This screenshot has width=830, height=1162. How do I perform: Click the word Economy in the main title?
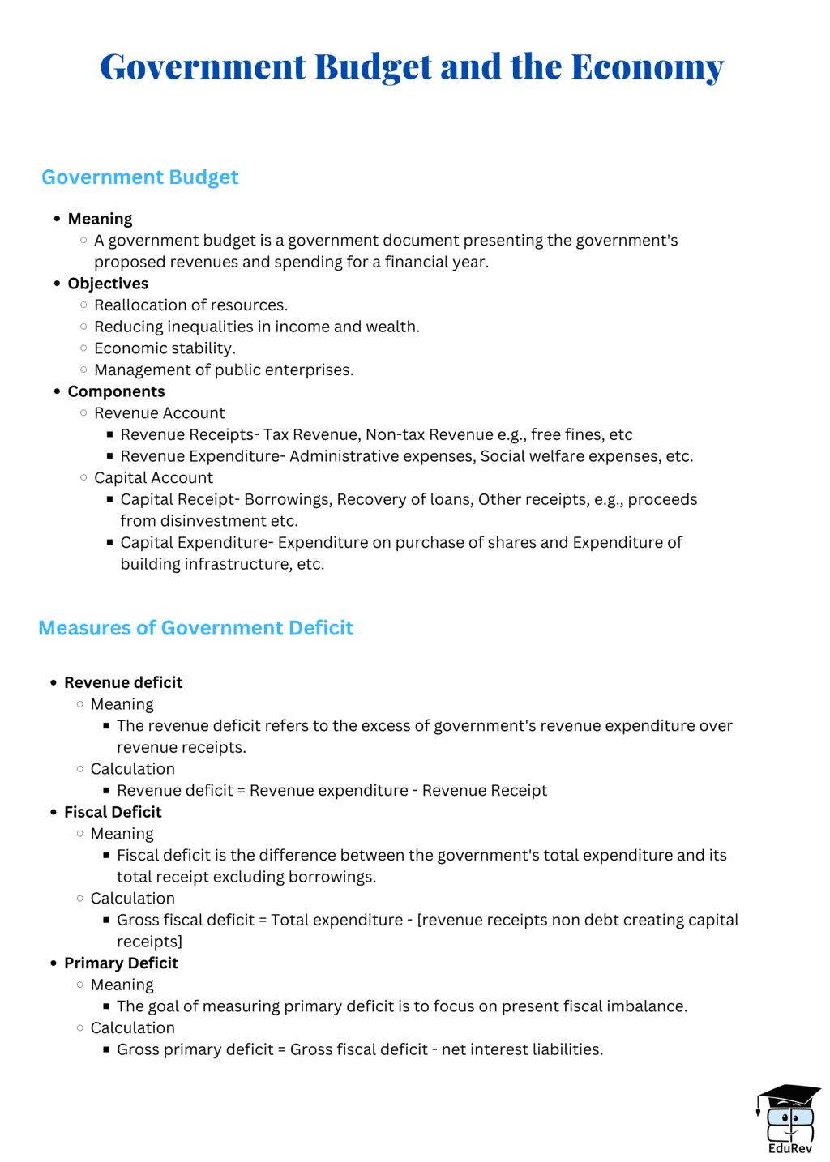point(647,67)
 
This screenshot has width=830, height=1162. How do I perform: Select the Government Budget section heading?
point(139,177)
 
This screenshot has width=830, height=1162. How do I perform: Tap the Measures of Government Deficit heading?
point(195,628)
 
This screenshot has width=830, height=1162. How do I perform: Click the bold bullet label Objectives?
point(108,284)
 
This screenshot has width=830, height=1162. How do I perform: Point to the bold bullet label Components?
point(116,391)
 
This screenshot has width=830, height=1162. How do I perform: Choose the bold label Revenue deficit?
point(123,682)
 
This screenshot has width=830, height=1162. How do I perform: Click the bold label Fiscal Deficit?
point(113,812)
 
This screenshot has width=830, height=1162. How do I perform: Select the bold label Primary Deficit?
point(121,963)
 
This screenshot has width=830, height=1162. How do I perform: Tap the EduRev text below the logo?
point(789,1148)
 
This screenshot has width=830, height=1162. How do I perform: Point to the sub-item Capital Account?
point(153,477)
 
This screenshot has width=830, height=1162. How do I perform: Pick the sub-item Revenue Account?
point(159,413)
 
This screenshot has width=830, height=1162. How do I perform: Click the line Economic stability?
point(165,348)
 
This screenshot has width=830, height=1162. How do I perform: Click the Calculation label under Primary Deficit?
point(132,1027)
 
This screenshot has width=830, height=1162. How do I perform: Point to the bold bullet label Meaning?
point(100,219)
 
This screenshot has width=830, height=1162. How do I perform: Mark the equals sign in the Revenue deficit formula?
point(241,791)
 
